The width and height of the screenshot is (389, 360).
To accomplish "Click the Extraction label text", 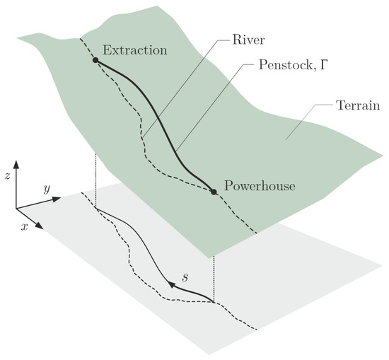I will tap(135, 51).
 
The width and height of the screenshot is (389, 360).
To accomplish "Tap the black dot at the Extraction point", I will tap(95, 61).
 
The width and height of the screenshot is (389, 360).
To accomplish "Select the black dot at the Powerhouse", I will tap(213, 191).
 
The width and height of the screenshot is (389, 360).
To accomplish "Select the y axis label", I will tap(45, 189).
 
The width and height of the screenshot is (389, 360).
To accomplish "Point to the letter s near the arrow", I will tap(185, 277).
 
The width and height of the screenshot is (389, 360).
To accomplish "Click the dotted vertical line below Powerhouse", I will tap(213, 248).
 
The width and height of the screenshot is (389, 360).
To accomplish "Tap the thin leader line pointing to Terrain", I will tap(308, 120).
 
